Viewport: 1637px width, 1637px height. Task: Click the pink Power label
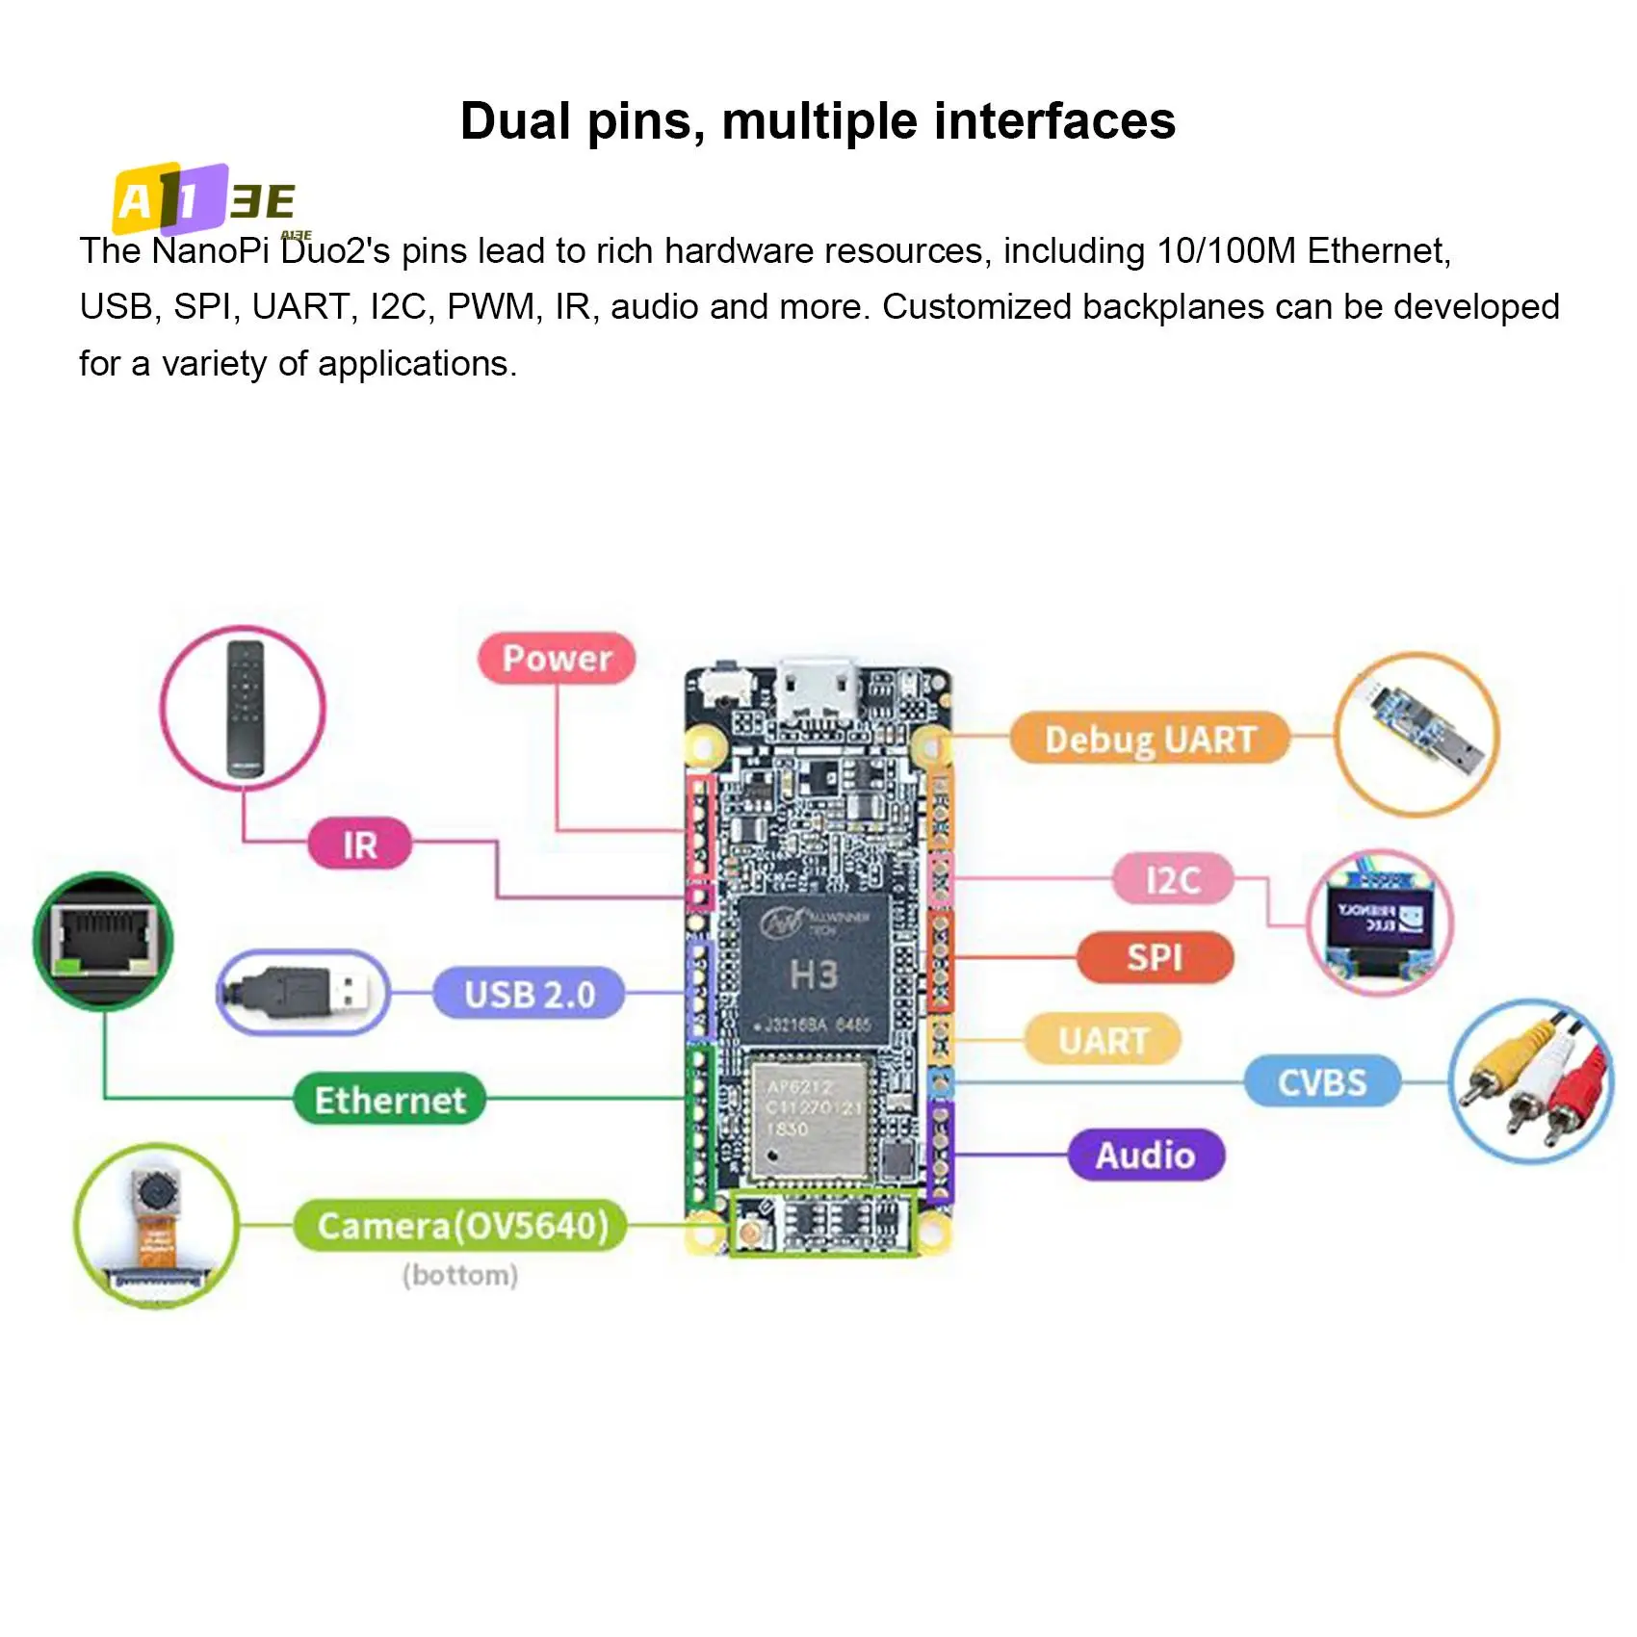click(x=557, y=659)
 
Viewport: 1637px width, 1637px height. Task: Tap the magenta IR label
click(x=359, y=844)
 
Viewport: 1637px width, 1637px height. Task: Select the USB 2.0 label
click(x=529, y=994)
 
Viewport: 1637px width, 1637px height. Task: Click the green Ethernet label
click(x=389, y=1100)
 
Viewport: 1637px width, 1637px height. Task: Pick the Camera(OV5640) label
click(x=462, y=1226)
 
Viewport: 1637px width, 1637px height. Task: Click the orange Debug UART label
click(x=1149, y=740)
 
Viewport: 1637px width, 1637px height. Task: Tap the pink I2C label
click(x=1172, y=879)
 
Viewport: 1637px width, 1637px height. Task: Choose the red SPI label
click(x=1154, y=957)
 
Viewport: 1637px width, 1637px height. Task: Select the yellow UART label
click(x=1103, y=1040)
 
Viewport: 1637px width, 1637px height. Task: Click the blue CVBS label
click(x=1321, y=1082)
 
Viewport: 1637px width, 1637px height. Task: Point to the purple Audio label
click(x=1145, y=1155)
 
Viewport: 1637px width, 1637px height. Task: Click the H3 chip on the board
click(x=814, y=973)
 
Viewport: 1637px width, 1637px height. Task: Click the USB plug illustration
click(x=303, y=993)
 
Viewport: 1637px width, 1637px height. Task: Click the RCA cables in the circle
click(x=1531, y=1080)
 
